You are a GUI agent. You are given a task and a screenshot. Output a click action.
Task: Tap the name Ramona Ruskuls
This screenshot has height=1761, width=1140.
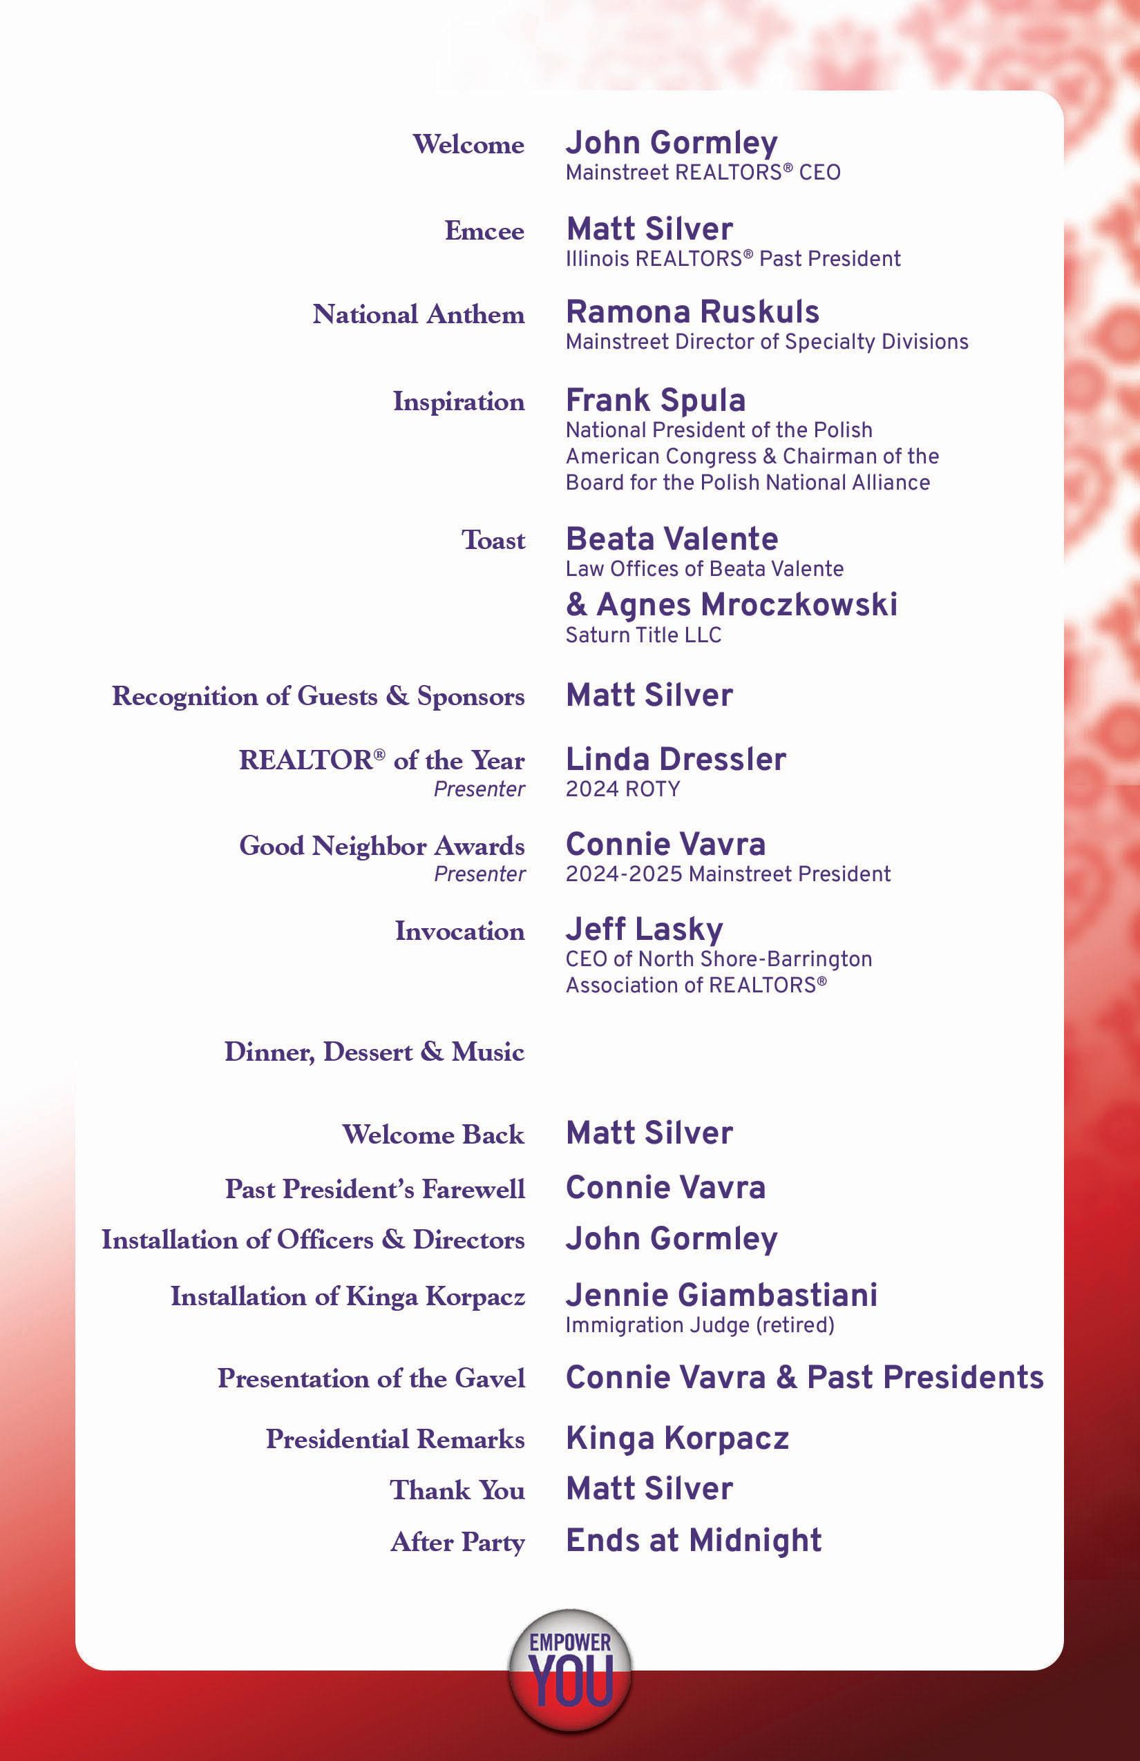[x=692, y=312]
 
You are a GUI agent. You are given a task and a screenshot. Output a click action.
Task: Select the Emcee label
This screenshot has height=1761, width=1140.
[x=484, y=231]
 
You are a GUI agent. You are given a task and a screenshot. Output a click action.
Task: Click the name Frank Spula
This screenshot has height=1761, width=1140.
[x=655, y=401]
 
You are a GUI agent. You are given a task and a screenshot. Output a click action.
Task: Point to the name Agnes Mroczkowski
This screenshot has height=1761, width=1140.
[x=746, y=604]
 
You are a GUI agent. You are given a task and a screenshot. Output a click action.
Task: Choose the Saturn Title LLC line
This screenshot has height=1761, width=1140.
[x=643, y=635]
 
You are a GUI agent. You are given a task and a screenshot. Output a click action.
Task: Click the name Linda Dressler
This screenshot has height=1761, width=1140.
[x=675, y=759]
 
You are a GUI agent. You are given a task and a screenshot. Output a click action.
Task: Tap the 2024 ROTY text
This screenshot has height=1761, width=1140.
[x=622, y=789]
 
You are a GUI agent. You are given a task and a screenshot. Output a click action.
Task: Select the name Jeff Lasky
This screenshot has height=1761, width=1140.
[x=644, y=930]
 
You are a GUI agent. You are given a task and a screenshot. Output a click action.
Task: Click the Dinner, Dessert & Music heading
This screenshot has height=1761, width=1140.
[x=374, y=1051]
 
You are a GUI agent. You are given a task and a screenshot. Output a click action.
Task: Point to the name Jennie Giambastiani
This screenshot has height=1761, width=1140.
[x=721, y=1296]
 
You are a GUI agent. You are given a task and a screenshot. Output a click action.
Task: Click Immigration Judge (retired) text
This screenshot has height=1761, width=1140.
[x=699, y=1325]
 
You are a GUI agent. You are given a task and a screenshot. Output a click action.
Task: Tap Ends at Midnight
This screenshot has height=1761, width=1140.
[x=694, y=1541]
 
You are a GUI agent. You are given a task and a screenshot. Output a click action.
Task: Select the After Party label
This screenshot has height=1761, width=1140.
[x=457, y=1542]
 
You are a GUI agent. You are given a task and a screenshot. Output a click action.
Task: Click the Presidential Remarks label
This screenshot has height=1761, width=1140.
[x=395, y=1439]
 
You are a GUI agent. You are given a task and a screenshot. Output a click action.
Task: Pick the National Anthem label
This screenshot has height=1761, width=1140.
[x=418, y=314]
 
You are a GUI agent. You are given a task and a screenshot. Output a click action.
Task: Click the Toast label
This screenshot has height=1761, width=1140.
[x=493, y=540]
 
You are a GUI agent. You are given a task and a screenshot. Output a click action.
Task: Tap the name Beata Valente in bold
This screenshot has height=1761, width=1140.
[x=672, y=539]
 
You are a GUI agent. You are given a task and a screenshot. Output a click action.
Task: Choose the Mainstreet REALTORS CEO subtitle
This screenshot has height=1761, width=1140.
[x=703, y=173]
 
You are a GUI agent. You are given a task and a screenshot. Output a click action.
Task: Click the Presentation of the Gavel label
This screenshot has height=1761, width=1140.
[x=371, y=1378]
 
